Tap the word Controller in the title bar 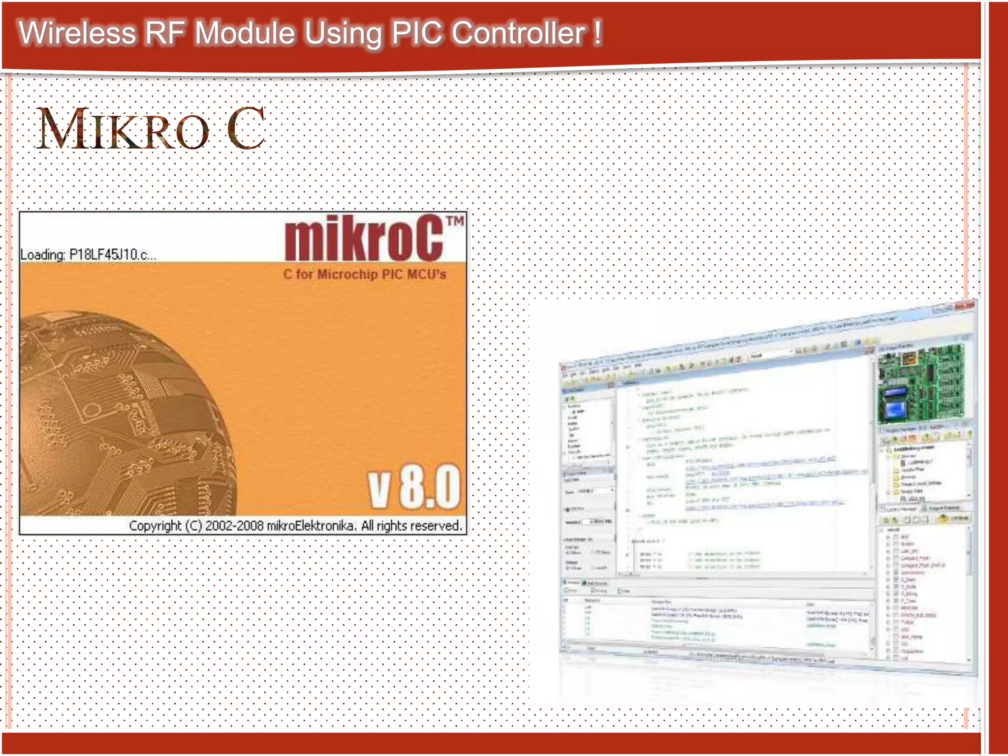pos(518,33)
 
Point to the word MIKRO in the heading pos(123,129)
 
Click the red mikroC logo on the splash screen pos(364,239)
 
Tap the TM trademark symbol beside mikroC pos(455,221)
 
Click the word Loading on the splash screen pos(42,255)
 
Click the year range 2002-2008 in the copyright pos(234,526)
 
